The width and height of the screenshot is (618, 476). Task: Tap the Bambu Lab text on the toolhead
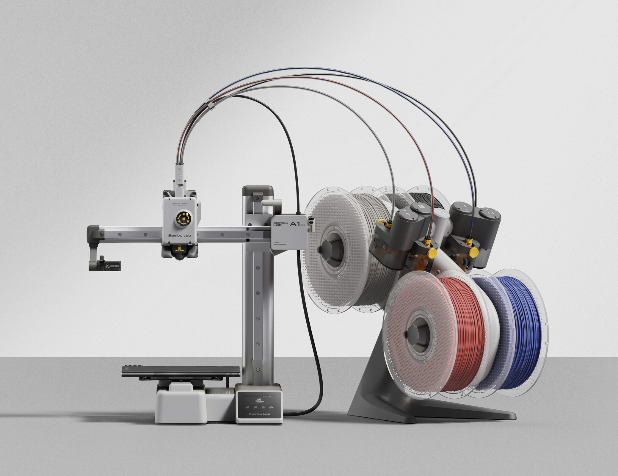(x=180, y=235)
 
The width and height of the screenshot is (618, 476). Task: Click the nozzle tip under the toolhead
(x=180, y=259)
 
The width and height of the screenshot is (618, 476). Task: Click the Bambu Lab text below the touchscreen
(x=259, y=414)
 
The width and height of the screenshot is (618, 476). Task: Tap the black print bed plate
(x=181, y=370)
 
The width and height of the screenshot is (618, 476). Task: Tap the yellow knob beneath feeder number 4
(x=473, y=252)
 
